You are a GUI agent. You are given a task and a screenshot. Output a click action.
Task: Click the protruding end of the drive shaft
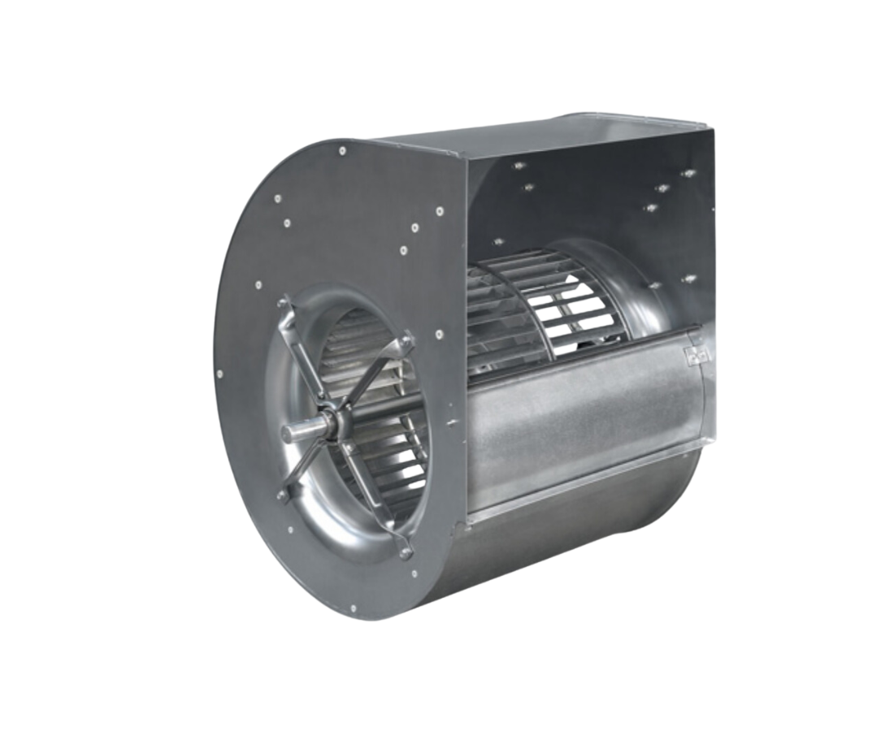(294, 432)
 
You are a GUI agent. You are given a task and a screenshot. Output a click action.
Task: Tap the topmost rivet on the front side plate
(343, 150)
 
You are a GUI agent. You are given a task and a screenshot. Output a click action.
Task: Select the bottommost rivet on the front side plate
(353, 608)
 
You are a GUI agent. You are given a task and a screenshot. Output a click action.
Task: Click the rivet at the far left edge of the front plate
(219, 374)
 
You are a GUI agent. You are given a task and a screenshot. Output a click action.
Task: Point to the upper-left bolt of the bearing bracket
(283, 304)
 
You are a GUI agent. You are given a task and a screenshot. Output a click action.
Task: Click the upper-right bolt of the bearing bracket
(406, 341)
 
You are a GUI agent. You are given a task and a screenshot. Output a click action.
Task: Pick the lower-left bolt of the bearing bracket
(282, 495)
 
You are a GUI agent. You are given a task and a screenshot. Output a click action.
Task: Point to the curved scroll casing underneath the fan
(569, 536)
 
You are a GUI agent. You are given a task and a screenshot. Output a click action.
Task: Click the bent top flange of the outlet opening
(553, 130)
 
